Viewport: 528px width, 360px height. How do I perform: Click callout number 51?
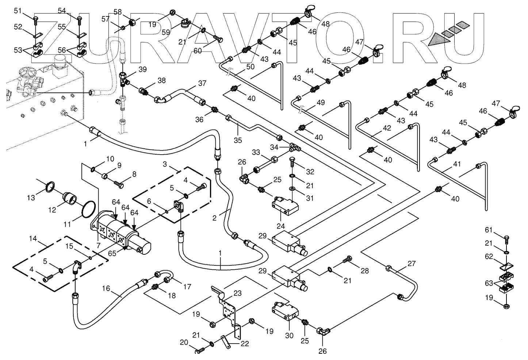[x=18, y=11]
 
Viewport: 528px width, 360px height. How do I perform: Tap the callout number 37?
[x=202, y=83]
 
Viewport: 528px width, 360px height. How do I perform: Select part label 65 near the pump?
[x=112, y=253]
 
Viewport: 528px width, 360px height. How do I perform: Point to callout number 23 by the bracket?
[x=237, y=293]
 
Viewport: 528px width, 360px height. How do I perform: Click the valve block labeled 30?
[x=285, y=312]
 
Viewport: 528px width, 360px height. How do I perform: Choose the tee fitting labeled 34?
[x=295, y=147]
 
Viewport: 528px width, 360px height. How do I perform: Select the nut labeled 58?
[x=133, y=23]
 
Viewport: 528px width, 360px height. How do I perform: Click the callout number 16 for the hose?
[x=106, y=288]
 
